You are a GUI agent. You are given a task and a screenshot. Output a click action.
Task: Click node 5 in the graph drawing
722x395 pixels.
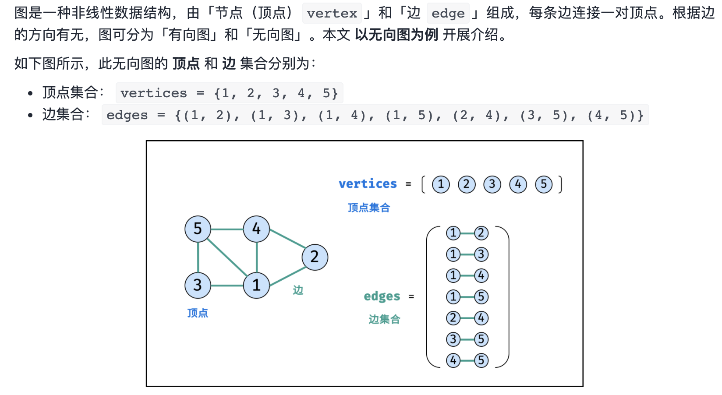click(198, 229)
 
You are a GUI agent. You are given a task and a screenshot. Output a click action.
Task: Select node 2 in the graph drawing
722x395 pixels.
click(315, 257)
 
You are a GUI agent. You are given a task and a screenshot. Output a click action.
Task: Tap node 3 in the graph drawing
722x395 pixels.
click(198, 286)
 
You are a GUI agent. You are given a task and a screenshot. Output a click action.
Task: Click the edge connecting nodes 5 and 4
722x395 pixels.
click(227, 229)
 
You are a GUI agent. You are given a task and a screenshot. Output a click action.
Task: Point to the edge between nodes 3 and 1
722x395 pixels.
click(227, 286)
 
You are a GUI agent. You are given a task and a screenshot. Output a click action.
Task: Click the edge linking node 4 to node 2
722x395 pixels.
click(288, 239)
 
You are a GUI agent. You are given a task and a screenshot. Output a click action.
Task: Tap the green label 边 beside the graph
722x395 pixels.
click(298, 290)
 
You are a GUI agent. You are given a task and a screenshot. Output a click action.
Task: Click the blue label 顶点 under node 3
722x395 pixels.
click(198, 313)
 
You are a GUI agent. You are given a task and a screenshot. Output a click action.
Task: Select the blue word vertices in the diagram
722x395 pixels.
click(368, 183)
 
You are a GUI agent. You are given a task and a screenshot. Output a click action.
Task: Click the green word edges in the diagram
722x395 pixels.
click(382, 296)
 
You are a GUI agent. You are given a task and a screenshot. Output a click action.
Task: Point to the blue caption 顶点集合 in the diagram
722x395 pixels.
click(369, 208)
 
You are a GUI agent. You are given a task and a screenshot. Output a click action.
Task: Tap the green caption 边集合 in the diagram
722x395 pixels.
click(384, 319)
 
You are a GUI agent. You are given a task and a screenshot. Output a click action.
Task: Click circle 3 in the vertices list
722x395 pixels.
click(492, 184)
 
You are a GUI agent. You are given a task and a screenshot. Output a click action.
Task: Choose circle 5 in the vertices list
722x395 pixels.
click(544, 184)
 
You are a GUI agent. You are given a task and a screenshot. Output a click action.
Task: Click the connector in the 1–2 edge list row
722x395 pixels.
click(467, 233)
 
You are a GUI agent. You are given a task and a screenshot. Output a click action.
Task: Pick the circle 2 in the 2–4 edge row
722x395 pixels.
click(453, 318)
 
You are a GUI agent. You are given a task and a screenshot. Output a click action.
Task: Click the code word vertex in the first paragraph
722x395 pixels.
click(332, 14)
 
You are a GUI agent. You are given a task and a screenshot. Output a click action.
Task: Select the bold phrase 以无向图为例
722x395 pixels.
click(396, 35)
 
